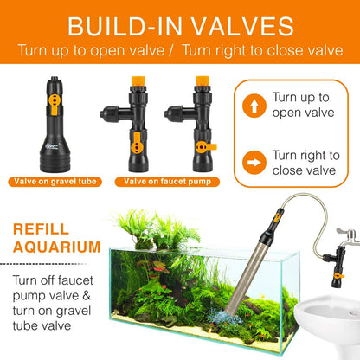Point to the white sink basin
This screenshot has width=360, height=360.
tap(325, 325)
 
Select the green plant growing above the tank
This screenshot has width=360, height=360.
tap(143, 226)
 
